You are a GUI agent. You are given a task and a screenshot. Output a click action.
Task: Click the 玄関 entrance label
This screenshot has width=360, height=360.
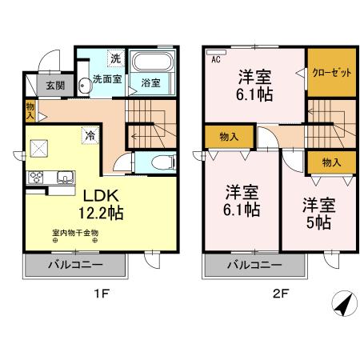(54, 86)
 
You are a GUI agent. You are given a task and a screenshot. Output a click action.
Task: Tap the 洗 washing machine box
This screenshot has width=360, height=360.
(115, 58)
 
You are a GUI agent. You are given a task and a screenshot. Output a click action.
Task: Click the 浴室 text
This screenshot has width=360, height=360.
(150, 82)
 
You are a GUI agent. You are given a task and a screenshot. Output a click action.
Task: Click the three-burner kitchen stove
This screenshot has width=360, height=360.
(36, 177)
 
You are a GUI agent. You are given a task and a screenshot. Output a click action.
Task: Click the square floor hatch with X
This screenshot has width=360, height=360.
(40, 149)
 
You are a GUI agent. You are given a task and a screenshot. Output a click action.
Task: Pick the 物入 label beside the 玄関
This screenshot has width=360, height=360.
(30, 109)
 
